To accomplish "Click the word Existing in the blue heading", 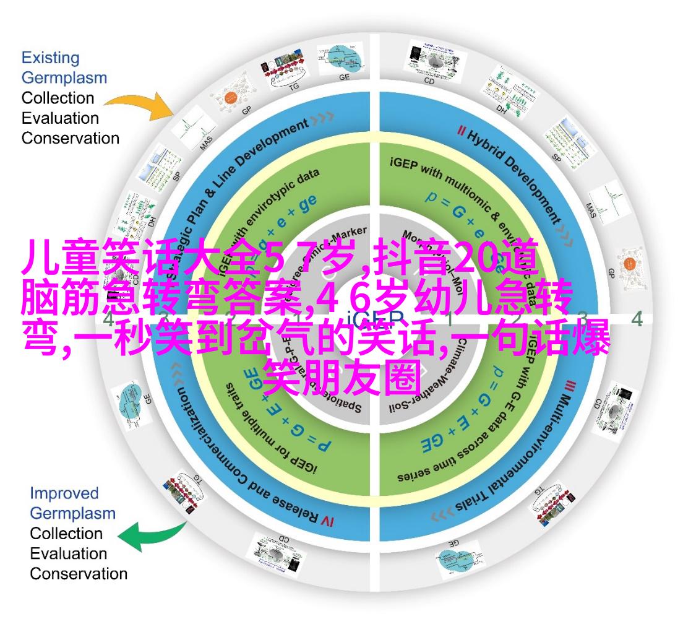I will pyautogui.click(x=50, y=58).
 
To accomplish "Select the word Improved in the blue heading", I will pyautogui.click(x=64, y=493).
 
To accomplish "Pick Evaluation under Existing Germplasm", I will pyautogui.click(x=60, y=118).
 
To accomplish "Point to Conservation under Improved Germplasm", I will pyautogui.click(x=79, y=573).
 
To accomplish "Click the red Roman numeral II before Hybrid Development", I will pyautogui.click(x=461, y=131).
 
